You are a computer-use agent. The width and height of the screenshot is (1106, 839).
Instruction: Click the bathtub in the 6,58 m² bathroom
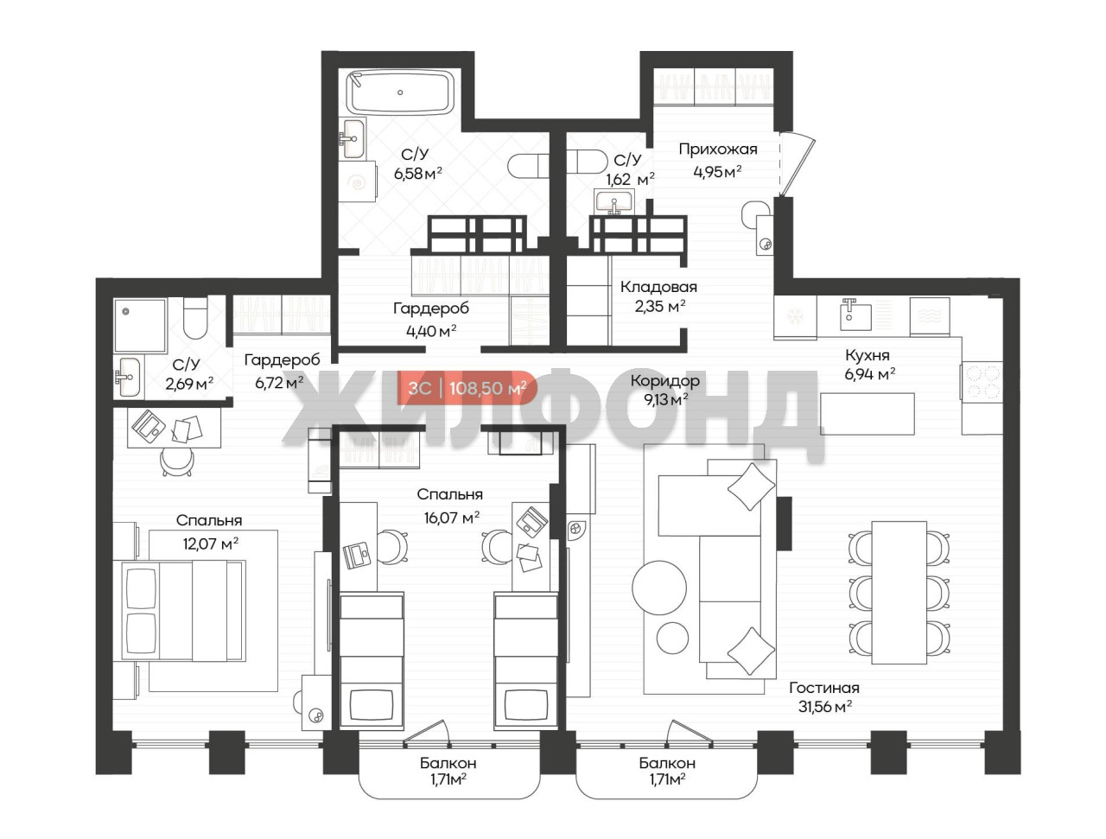tap(401, 92)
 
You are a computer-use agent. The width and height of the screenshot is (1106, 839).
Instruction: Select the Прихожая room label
tap(717, 149)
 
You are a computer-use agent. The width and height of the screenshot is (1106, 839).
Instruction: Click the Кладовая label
tap(658, 287)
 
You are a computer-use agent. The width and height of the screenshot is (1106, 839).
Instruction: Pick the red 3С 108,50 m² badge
tap(467, 387)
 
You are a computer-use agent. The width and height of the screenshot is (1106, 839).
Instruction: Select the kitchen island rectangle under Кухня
tap(868, 413)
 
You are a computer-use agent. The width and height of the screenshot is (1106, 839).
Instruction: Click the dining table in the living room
tap(899, 593)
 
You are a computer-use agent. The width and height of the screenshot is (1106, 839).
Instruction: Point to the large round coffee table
tap(659, 588)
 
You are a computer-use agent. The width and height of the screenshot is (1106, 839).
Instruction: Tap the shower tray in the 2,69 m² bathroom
tap(140, 325)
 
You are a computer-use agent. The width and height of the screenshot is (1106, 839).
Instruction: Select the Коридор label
tap(665, 380)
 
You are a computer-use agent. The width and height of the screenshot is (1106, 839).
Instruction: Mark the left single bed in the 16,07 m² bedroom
tap(372, 660)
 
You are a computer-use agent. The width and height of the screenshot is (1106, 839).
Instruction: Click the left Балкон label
tap(448, 763)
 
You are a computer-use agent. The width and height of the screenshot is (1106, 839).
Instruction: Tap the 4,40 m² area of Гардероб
tap(431, 331)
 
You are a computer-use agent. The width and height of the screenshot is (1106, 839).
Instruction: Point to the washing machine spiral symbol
tap(359, 182)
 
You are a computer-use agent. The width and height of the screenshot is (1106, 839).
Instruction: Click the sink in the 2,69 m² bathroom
tap(129, 377)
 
